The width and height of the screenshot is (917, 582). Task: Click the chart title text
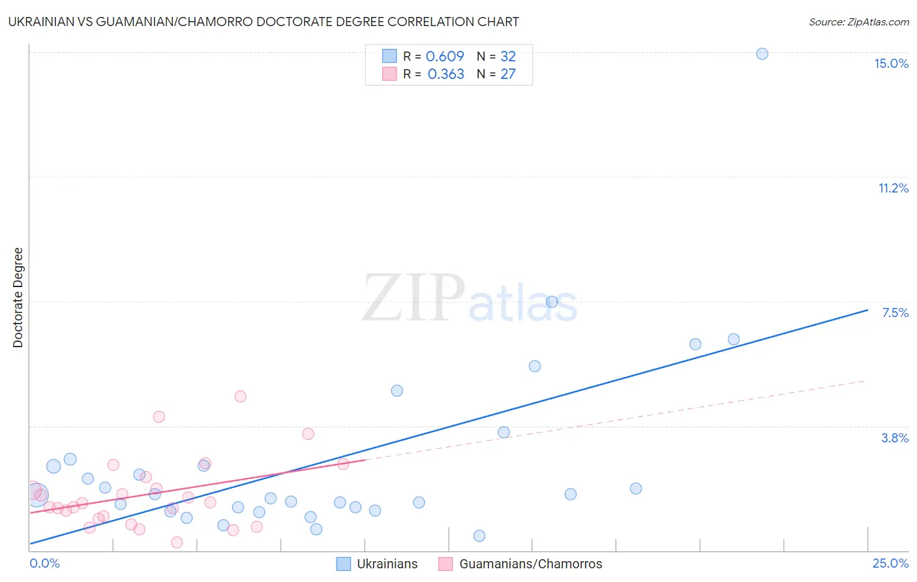(263, 22)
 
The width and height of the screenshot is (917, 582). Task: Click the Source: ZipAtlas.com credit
(858, 22)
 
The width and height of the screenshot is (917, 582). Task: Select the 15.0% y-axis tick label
(891, 63)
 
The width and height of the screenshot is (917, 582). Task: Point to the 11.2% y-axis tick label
(893, 188)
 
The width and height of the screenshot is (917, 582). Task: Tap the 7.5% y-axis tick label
(895, 313)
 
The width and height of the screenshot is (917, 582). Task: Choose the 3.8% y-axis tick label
(895, 438)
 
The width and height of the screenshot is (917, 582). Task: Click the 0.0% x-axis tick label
(44, 563)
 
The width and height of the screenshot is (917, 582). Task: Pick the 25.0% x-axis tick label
(890, 563)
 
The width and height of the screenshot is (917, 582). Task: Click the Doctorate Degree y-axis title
(18, 298)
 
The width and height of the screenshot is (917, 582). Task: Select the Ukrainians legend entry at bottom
(377, 564)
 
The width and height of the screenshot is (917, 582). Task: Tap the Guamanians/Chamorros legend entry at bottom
(520, 564)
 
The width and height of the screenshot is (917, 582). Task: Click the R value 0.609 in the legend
(445, 56)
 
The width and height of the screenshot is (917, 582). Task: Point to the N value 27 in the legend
(508, 74)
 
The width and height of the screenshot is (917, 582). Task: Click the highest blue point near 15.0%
(762, 54)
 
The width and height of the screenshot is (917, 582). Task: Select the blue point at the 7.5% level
(552, 301)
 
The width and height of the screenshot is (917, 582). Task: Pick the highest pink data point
(240, 396)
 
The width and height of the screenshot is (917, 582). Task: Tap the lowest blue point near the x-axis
(479, 536)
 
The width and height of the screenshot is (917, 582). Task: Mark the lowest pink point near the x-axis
(177, 542)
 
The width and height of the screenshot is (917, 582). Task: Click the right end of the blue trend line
(867, 310)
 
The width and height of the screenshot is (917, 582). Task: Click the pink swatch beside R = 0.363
(389, 74)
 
